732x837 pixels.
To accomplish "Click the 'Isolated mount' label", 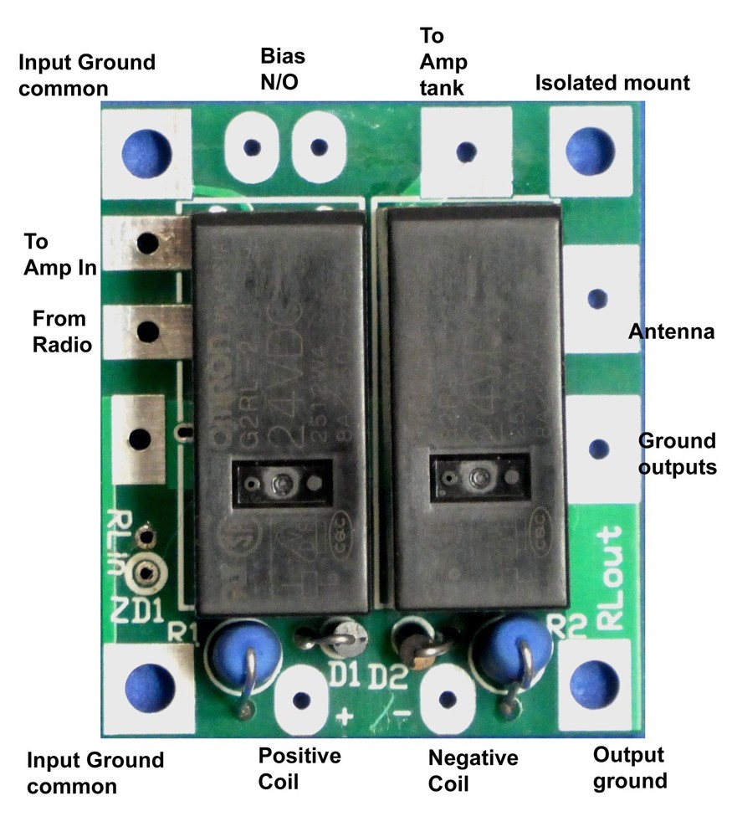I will (x=612, y=83).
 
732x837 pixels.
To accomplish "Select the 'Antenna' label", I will (x=672, y=333).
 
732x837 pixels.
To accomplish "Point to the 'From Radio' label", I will (x=59, y=331).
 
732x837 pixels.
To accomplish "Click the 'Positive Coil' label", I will (x=299, y=768).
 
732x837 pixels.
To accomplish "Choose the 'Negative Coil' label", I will (x=473, y=770).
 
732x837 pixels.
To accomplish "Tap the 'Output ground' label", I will (x=629, y=768).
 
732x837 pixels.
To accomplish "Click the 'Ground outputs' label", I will (x=677, y=453).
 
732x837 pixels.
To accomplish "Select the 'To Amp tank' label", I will (x=443, y=63).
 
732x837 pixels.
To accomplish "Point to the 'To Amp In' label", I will (x=59, y=254).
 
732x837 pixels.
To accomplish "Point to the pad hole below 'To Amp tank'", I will (x=466, y=151).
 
